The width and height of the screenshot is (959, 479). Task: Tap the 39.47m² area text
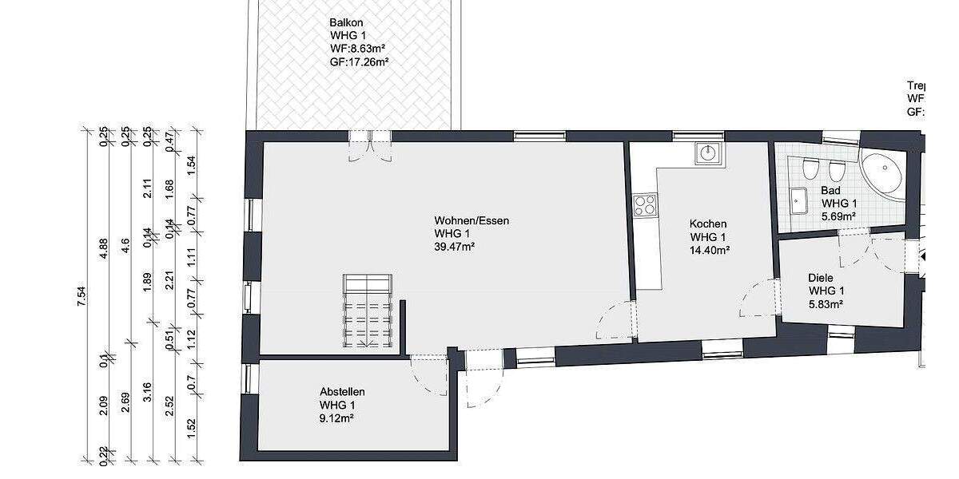tap(455, 247)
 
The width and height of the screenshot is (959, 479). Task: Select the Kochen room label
tap(708, 224)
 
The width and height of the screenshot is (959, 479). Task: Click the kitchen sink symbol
tap(708, 152)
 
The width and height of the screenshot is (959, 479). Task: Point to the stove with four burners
tap(644, 205)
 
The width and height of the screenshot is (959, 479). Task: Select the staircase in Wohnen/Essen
tap(368, 311)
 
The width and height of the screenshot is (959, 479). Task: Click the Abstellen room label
tap(342, 392)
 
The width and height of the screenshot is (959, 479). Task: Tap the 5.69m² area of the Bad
tap(838, 216)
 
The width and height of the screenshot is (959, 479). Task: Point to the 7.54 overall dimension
tap(81, 295)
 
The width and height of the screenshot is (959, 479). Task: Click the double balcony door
tap(370, 144)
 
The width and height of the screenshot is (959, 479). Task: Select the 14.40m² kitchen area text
tap(709, 250)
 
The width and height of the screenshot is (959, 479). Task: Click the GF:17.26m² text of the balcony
tap(360, 61)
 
